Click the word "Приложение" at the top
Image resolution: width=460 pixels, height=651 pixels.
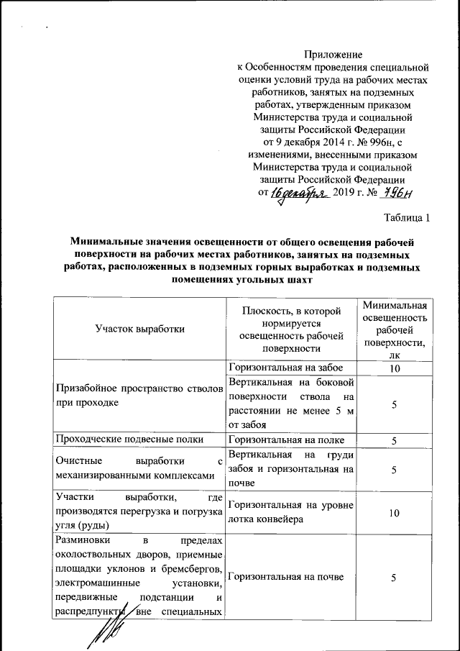tap(333, 54)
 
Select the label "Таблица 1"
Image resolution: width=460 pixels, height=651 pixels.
tap(407, 218)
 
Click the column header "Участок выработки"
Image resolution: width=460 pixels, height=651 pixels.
tap(140, 328)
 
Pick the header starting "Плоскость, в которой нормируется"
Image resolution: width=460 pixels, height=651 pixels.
tap(292, 328)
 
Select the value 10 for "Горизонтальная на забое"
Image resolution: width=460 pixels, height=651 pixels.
tap(395, 368)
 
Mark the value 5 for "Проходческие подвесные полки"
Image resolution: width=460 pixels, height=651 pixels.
tap(395, 440)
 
